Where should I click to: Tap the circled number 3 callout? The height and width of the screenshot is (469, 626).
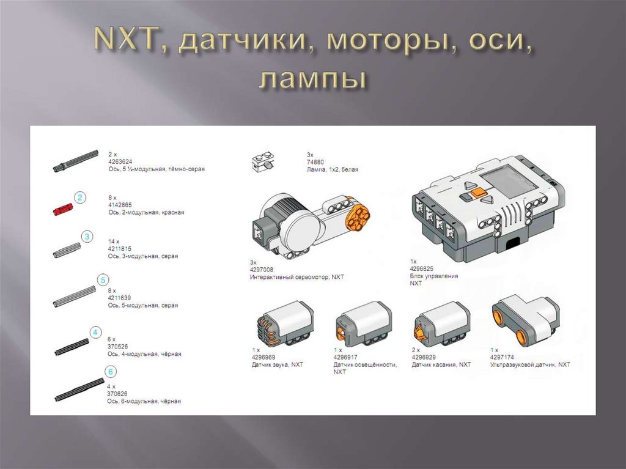(x=87, y=236)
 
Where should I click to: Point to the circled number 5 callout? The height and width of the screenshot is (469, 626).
(x=103, y=280)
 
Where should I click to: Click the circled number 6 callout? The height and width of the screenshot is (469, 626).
(x=110, y=372)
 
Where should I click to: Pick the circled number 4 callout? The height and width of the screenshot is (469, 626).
(x=95, y=333)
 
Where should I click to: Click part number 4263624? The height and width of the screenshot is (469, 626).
(x=122, y=161)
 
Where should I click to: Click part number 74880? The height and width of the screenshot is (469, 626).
(x=315, y=162)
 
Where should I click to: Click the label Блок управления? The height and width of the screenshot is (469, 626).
(x=433, y=276)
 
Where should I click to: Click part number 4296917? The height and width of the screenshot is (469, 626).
(x=347, y=357)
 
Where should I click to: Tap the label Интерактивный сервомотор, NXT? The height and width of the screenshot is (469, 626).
(x=297, y=277)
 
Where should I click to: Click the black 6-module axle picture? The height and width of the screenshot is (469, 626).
(x=79, y=390)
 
